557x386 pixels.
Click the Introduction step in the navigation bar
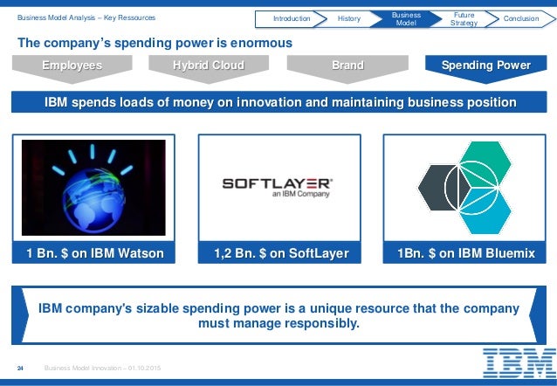point(291,18)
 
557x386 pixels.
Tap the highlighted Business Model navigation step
point(406,18)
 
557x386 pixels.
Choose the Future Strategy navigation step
point(464,18)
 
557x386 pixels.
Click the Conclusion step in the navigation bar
point(521,18)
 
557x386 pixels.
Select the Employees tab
point(72,66)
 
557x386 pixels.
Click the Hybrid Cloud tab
point(208,66)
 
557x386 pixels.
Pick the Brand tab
point(347,66)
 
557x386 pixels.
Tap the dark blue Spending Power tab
point(485,66)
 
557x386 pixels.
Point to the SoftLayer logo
point(276,186)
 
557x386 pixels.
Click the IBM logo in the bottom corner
point(518,361)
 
